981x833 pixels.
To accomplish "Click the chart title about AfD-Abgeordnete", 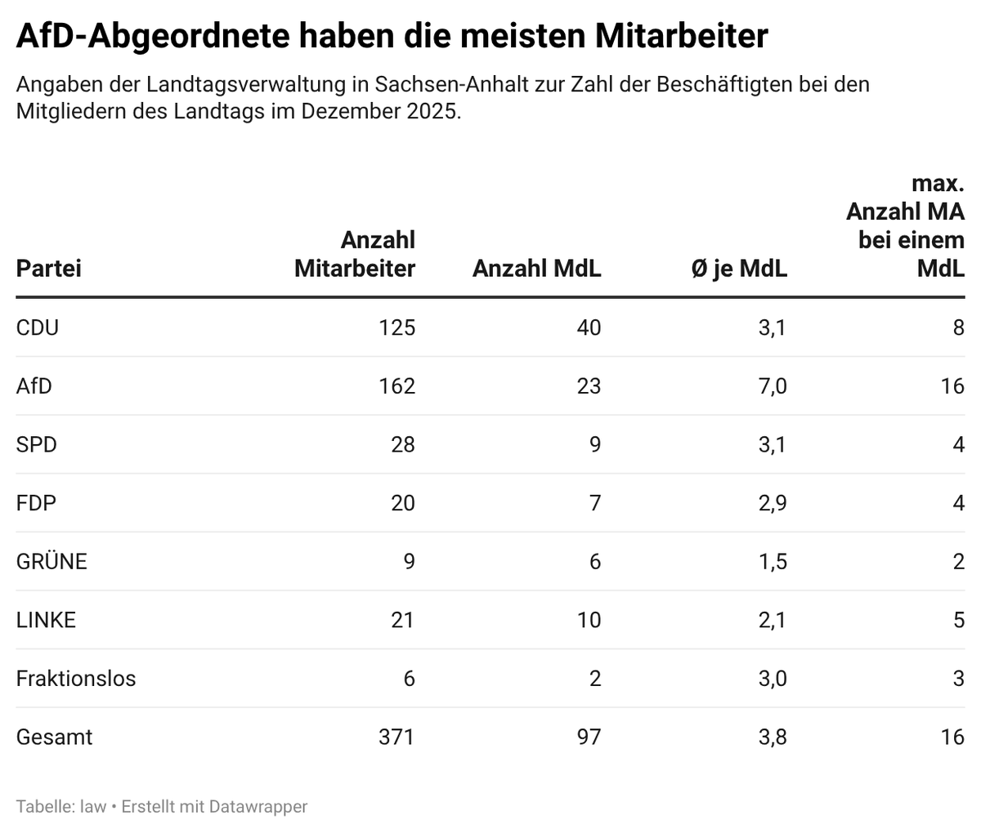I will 392,36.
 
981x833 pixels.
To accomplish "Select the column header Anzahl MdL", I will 536,269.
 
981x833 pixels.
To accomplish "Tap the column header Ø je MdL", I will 739,269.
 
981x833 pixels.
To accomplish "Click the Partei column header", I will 48,269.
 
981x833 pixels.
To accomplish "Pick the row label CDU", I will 38,327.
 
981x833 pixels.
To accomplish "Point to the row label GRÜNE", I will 52,562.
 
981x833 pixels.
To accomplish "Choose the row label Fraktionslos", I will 76,679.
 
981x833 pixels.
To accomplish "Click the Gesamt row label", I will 54,737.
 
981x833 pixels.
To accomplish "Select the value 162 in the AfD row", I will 396,386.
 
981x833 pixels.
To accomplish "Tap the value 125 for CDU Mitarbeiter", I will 396,327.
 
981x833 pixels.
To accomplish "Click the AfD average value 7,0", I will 772,386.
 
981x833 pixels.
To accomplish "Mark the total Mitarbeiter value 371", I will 396,737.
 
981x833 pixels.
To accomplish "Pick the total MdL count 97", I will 588,737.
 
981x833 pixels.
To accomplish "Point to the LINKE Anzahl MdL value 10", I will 588,621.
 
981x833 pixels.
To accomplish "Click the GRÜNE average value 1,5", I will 772,562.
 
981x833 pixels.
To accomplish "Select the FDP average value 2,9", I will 772,503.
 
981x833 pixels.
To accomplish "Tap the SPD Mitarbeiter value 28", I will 402,445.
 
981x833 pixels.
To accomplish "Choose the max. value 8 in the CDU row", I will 958,327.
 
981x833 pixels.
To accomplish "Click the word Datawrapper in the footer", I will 258,807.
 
